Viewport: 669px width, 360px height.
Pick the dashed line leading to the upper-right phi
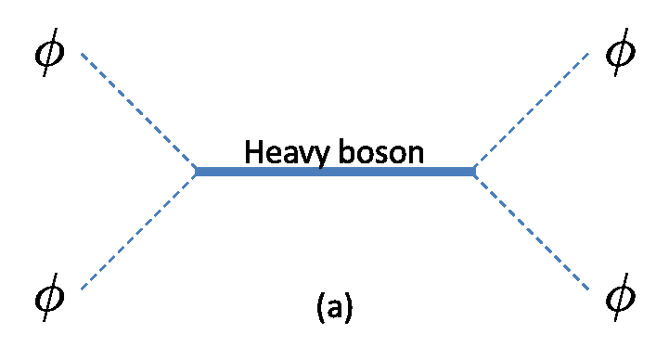[x=532, y=111]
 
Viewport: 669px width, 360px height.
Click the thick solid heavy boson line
[x=334, y=172]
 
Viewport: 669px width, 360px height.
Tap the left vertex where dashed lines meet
[x=195, y=172]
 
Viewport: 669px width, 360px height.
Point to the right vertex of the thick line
[x=474, y=172]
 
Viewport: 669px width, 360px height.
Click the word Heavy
[x=286, y=152]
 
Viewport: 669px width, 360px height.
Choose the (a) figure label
[x=334, y=307]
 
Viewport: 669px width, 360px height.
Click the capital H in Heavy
[x=252, y=151]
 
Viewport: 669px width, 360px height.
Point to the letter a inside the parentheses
[x=334, y=309]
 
